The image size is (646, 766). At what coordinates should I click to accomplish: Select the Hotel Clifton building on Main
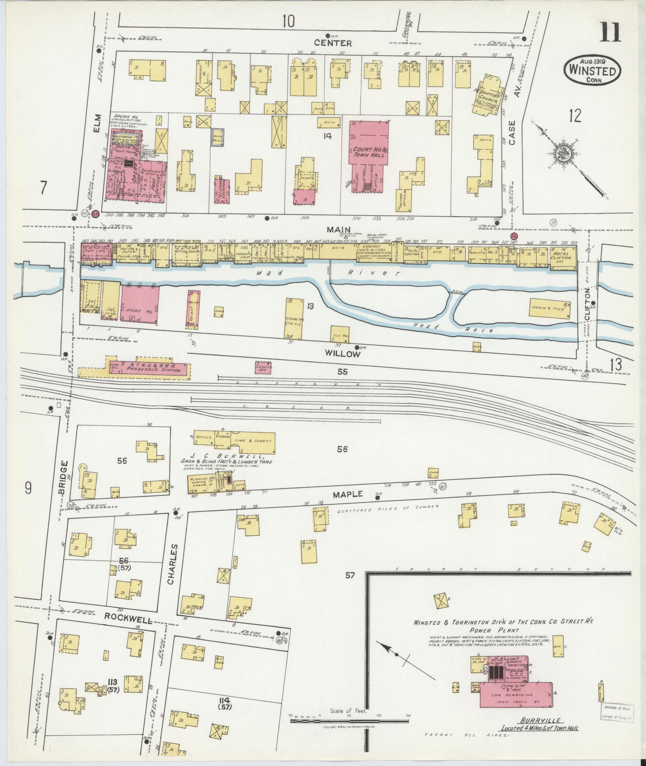(x=563, y=255)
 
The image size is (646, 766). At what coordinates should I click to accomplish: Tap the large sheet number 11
(x=610, y=32)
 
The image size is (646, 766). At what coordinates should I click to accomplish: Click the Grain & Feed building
(x=550, y=309)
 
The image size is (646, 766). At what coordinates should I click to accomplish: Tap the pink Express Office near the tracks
(x=263, y=367)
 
